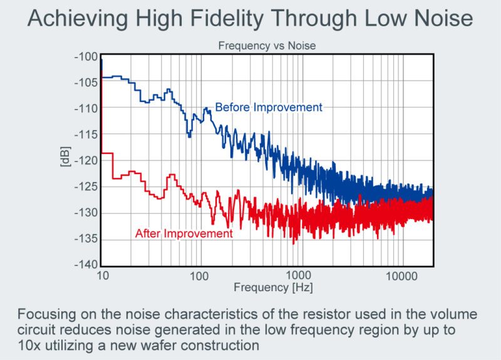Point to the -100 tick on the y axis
[x=86, y=57]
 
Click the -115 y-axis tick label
[x=86, y=135]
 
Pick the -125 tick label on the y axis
[x=86, y=187]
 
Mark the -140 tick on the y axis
[x=86, y=265]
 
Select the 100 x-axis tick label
[x=199, y=276]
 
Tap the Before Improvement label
[x=269, y=107]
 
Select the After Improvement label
[x=184, y=234]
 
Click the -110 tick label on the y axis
[x=86, y=109]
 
